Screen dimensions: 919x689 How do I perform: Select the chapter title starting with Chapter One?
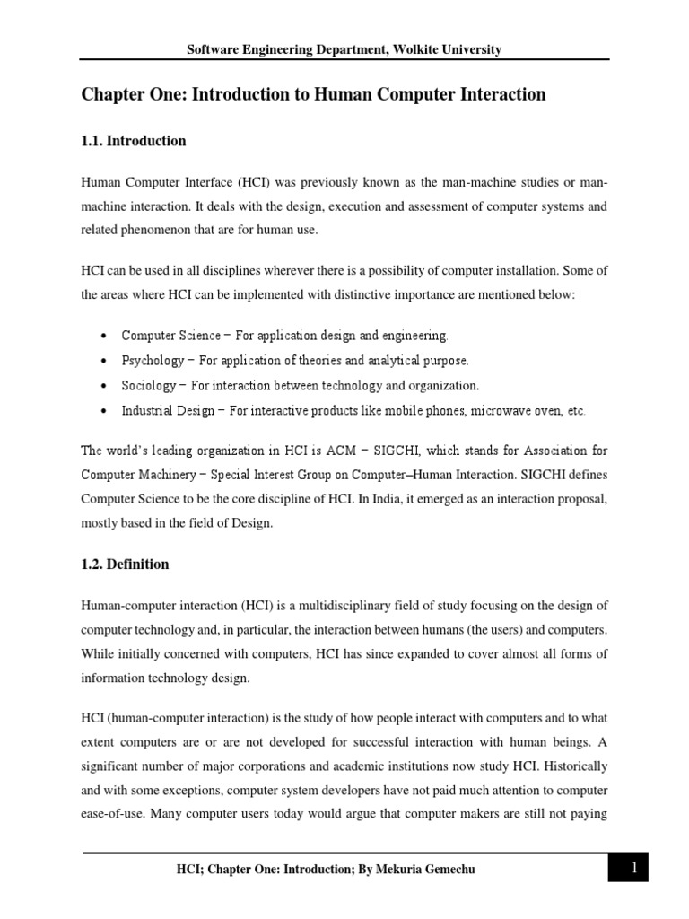[x=313, y=95]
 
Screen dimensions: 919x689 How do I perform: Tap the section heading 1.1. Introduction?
[x=134, y=141]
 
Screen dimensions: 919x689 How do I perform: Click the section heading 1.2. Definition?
[x=125, y=565]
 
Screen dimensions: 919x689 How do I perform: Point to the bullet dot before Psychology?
[x=105, y=361]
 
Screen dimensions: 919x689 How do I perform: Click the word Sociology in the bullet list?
[x=149, y=386]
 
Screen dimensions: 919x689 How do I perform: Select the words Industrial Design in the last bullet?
[x=168, y=411]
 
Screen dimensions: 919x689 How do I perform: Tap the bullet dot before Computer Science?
[x=105, y=336]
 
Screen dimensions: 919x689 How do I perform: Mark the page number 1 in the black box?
[x=633, y=868]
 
